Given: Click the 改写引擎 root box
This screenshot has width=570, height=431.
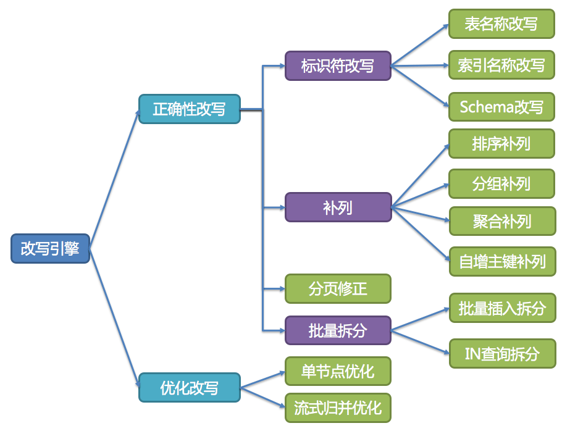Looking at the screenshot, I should [x=51, y=248].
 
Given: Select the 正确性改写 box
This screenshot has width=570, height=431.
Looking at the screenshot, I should [x=189, y=109].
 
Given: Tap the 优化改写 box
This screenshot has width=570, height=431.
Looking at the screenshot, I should [x=189, y=388].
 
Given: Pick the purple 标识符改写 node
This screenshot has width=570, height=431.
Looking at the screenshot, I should [x=338, y=65].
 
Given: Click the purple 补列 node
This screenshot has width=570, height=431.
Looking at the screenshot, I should [x=338, y=207].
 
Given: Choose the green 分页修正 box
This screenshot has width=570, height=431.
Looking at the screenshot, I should [x=338, y=288].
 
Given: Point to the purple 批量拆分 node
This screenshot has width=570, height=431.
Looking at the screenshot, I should [x=338, y=330].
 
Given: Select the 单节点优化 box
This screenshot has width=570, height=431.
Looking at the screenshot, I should [x=338, y=371].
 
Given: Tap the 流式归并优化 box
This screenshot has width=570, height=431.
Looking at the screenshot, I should [x=338, y=408].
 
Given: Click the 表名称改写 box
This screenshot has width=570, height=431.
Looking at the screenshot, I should [x=501, y=24].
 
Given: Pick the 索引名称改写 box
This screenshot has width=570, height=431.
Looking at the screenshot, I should [x=501, y=65].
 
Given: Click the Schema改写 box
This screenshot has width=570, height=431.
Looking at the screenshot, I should [x=501, y=107].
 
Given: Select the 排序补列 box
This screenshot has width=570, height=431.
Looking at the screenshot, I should [x=501, y=144].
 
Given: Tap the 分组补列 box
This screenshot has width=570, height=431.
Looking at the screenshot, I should [x=501, y=183].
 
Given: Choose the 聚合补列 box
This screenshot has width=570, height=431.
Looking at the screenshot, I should [x=501, y=221].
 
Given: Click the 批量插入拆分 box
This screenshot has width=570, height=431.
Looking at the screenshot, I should [x=501, y=308].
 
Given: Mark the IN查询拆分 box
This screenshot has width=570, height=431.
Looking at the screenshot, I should [x=501, y=354].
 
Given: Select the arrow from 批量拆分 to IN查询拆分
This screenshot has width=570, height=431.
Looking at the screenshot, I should [x=420, y=341].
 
